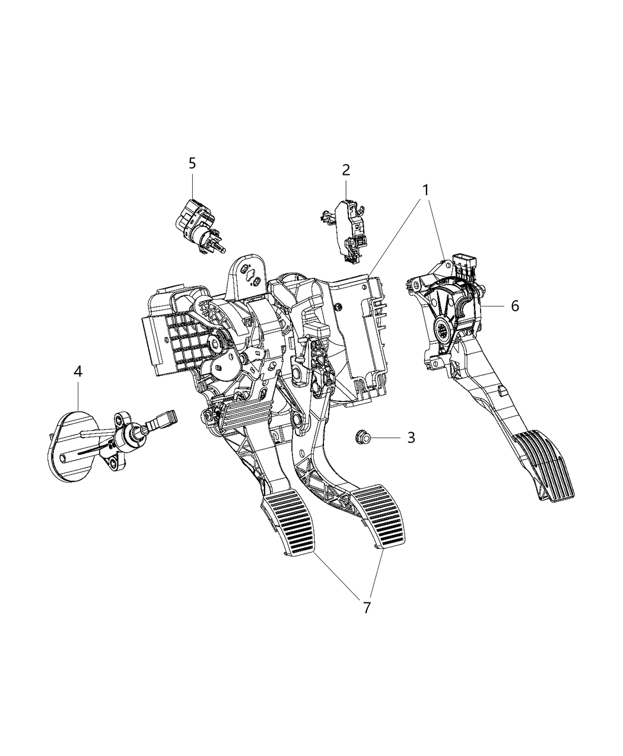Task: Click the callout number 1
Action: click(425, 190)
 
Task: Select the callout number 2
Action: click(346, 170)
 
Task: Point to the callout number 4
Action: click(78, 372)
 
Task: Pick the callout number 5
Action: click(192, 163)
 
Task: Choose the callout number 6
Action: click(514, 306)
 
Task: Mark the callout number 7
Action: click(367, 607)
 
